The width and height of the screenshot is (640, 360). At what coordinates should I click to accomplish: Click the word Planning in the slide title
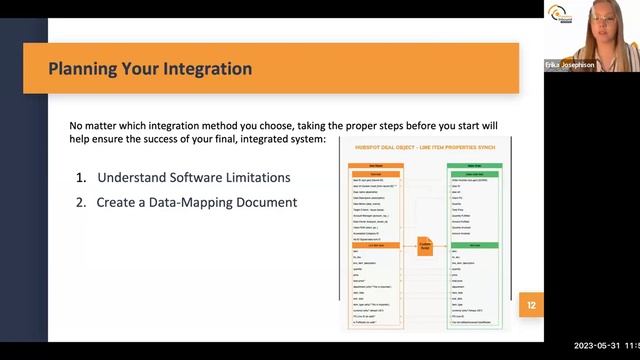[x=87, y=69]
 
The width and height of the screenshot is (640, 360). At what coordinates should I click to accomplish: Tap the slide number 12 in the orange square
[x=532, y=305]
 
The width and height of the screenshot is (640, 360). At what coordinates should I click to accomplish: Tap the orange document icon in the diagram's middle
[x=424, y=245]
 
